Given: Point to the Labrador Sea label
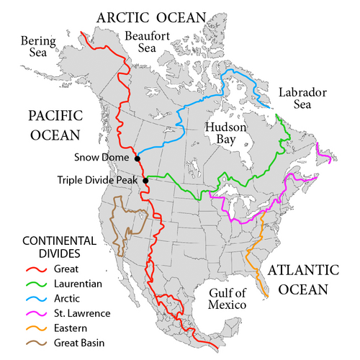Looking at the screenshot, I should [302, 100].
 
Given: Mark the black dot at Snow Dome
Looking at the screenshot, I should [136, 158].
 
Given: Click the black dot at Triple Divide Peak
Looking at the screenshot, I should [145, 181].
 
